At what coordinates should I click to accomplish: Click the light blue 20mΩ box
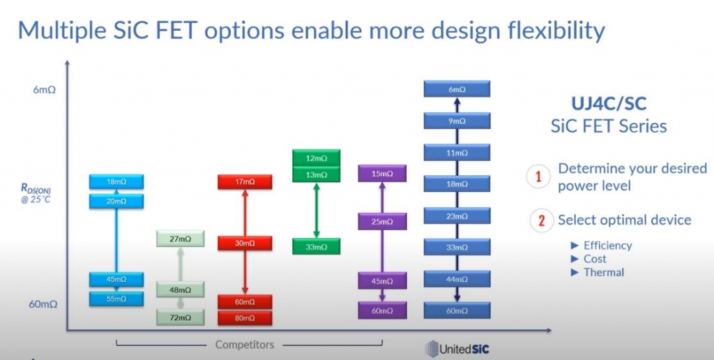click(116, 202)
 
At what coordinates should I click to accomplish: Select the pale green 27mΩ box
click(181, 239)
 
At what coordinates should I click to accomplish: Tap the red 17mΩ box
click(245, 182)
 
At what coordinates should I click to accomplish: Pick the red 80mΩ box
click(245, 318)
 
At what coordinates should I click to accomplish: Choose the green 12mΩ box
click(316, 158)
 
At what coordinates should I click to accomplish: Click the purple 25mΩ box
click(382, 221)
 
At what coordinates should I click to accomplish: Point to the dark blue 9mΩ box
click(457, 121)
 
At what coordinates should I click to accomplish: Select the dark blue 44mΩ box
click(457, 279)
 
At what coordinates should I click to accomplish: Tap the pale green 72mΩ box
click(181, 317)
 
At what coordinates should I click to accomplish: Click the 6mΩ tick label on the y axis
click(44, 90)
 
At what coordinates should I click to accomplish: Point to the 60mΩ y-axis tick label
click(43, 304)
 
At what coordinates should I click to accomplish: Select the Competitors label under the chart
click(245, 345)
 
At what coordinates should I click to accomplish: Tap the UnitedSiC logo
click(457, 349)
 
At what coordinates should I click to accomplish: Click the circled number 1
click(539, 177)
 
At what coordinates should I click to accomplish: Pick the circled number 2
click(541, 220)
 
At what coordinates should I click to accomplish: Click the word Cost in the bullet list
click(595, 259)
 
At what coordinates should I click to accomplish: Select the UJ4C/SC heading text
click(609, 104)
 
